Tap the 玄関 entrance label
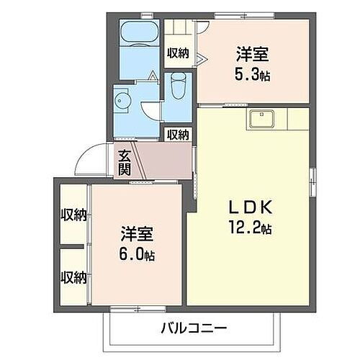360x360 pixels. pos(125,163)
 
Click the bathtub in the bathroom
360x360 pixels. pos(140,33)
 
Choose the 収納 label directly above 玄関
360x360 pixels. pos(178,134)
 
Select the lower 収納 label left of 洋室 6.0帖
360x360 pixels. pos(73,276)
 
